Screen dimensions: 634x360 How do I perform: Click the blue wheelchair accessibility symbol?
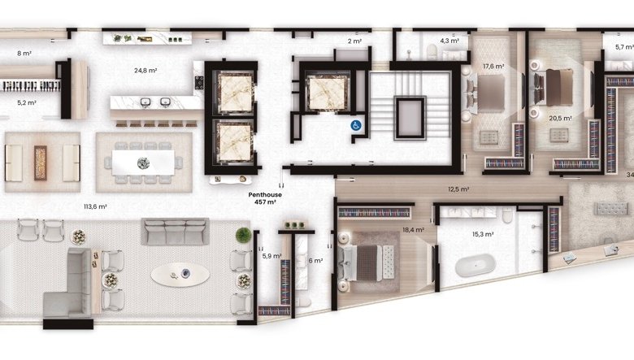pos(356,126)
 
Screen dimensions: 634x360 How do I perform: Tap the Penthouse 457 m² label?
pos(265,198)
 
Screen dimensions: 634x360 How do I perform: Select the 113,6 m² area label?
pos(95,207)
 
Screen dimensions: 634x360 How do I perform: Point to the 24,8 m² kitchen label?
pos(145,71)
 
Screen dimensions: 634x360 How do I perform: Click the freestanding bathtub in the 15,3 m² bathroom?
pos(475,266)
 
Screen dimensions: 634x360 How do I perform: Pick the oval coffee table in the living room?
pos(180,275)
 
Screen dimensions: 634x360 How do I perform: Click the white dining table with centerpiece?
pos(143,163)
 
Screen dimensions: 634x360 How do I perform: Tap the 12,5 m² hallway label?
pos(458,189)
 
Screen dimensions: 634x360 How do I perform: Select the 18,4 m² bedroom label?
pos(413,230)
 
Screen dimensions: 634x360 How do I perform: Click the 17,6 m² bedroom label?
pos(493,67)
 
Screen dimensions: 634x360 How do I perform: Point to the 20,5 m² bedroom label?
pos(560,119)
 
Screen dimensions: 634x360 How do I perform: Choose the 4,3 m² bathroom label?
pos(449,41)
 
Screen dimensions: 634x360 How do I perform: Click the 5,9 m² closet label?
pos(271,256)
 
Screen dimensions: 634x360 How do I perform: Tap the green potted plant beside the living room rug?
pos(243,235)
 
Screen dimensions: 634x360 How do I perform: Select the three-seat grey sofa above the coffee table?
pos(175,232)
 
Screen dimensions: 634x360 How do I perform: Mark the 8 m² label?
pos(24,53)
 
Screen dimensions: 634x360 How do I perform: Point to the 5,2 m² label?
pos(27,103)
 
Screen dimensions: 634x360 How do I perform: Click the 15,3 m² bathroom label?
pos(483,234)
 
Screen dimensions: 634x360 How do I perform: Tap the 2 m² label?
pos(354,41)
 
